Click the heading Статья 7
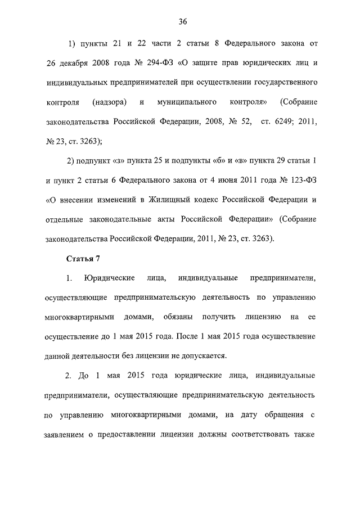click(83, 259)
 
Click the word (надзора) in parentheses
click(109, 102)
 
